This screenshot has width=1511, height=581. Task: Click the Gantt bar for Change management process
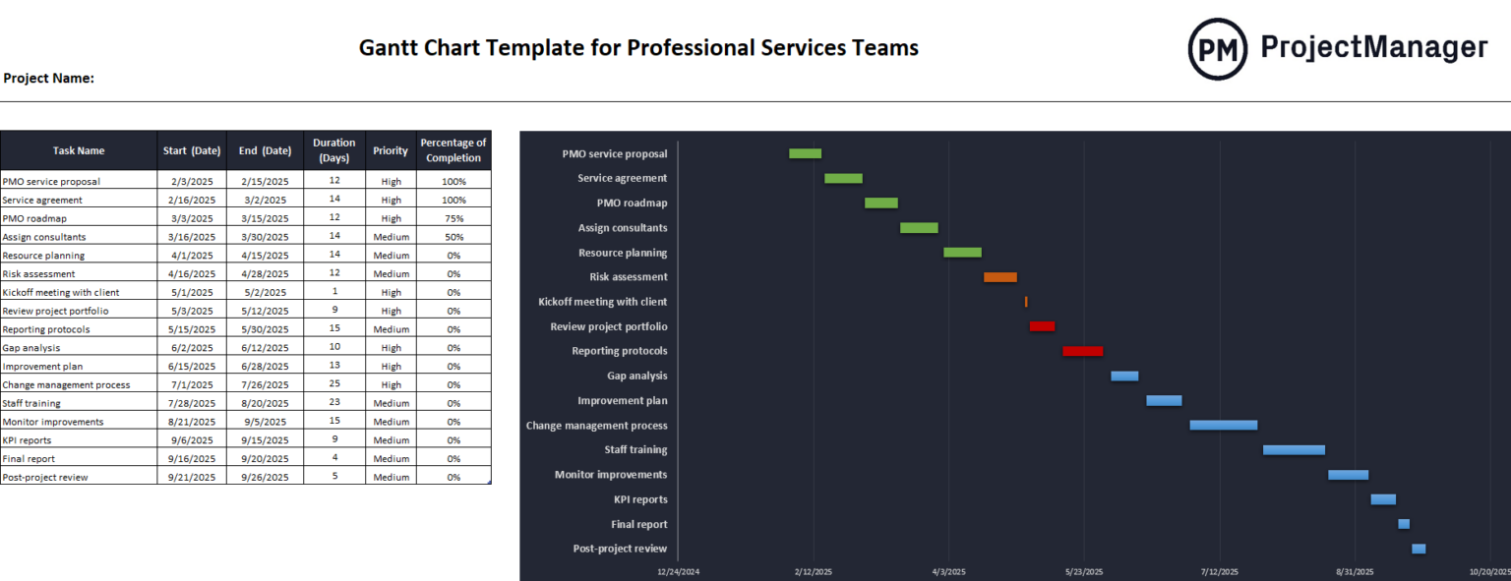point(1223,426)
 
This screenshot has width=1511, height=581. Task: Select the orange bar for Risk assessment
point(999,277)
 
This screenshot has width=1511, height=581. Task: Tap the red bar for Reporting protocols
point(1082,351)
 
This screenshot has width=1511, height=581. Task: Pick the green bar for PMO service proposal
point(805,153)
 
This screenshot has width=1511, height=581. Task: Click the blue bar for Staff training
point(1294,450)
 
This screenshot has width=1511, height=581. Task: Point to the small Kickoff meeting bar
point(1026,302)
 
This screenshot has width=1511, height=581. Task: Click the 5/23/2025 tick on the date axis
point(1084,571)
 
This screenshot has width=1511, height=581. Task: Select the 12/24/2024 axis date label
point(678,571)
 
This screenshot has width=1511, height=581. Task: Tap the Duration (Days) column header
point(333,150)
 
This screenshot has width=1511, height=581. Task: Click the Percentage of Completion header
point(453,150)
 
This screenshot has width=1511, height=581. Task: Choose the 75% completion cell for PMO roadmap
point(453,218)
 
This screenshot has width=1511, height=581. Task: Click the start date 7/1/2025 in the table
point(191,384)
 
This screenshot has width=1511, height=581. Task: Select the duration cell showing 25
point(333,384)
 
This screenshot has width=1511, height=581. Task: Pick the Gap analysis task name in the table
point(31,348)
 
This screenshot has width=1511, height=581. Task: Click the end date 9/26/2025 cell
point(264,477)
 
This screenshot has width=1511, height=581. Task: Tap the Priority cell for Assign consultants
point(390,237)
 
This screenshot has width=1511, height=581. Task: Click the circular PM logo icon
point(1217,48)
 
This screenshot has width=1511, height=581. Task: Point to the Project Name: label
point(48,78)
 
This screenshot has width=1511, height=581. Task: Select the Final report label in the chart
point(638,524)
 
